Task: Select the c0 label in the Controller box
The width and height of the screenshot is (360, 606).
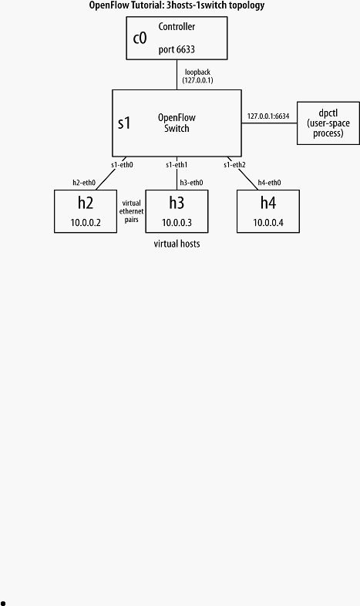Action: click(x=140, y=39)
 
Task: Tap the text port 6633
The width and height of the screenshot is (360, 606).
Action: click(x=177, y=49)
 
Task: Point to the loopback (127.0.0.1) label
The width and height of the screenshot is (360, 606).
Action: click(x=197, y=76)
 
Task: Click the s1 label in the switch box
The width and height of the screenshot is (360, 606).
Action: click(x=124, y=123)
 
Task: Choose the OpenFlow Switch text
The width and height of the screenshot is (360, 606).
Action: click(x=177, y=123)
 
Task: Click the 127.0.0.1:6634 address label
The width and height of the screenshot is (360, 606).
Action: click(x=268, y=116)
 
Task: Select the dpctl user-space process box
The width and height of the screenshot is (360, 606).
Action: click(x=328, y=123)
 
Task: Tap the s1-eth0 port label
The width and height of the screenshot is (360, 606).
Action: click(x=122, y=165)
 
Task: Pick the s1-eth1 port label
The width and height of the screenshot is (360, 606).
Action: click(x=177, y=165)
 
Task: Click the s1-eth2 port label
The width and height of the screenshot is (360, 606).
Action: click(x=234, y=165)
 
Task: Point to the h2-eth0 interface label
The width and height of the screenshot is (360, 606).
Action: click(x=84, y=183)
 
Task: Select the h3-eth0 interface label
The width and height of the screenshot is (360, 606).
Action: click(x=191, y=183)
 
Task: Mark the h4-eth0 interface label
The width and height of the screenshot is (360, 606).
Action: click(x=269, y=183)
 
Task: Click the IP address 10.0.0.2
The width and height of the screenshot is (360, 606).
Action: click(x=86, y=223)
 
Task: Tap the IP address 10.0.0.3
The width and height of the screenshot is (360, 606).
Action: click(x=177, y=223)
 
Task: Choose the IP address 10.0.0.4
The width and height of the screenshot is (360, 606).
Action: click(x=268, y=223)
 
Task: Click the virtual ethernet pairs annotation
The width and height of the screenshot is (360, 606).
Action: click(x=131, y=211)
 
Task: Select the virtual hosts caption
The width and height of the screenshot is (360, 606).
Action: click(x=177, y=244)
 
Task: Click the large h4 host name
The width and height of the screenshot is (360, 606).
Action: click(x=268, y=203)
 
